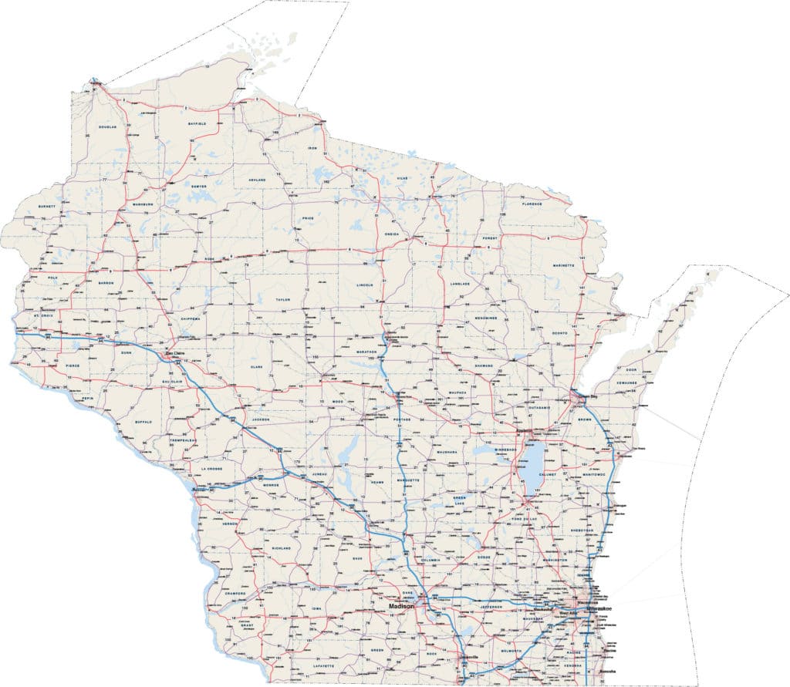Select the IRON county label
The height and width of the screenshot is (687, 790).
click(312, 147)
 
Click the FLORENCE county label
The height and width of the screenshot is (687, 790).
click(532, 204)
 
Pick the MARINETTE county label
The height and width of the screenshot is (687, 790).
click(563, 264)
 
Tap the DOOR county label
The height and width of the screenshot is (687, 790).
click(631, 370)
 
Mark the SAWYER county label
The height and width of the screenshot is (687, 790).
click(199, 186)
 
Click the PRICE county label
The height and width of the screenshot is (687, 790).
click(307, 218)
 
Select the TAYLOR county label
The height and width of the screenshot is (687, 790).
click(282, 298)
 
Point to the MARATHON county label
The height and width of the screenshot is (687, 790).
click(366, 352)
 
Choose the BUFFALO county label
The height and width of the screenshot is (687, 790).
click(143, 423)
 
